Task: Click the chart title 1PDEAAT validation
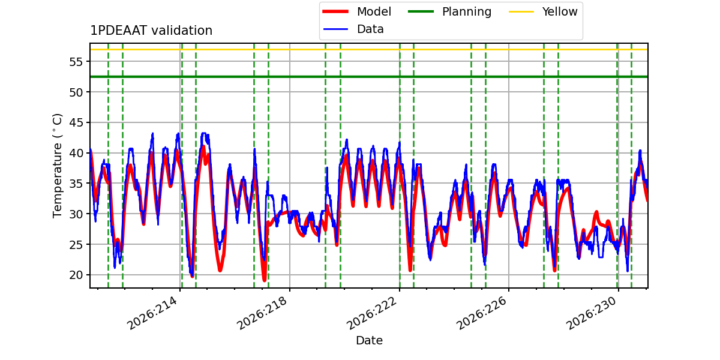pyautogui.click(x=151, y=31)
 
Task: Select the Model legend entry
pyautogui.click(x=357, y=11)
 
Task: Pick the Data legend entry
pyautogui.click(x=353, y=29)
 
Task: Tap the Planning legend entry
pyautogui.click(x=449, y=11)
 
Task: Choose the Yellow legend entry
pyautogui.click(x=543, y=11)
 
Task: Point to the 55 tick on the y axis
pyautogui.click(x=76, y=62)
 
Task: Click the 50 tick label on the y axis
pyautogui.click(x=76, y=92)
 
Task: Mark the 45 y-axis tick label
pyautogui.click(x=76, y=123)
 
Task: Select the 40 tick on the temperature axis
pyautogui.click(x=76, y=153)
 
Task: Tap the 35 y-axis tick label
pyautogui.click(x=76, y=184)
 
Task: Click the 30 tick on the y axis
pyautogui.click(x=76, y=214)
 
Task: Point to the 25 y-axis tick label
pyautogui.click(x=76, y=245)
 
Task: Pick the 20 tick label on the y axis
pyautogui.click(x=76, y=275)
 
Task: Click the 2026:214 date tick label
pyautogui.click(x=152, y=313)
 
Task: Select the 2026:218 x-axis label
pyautogui.click(x=262, y=313)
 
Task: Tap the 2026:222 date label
pyautogui.click(x=372, y=313)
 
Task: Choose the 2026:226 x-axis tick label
pyautogui.click(x=481, y=313)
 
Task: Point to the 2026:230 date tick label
pyautogui.click(x=591, y=313)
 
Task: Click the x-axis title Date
pyautogui.click(x=369, y=340)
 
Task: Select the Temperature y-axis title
pyautogui.click(x=57, y=166)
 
